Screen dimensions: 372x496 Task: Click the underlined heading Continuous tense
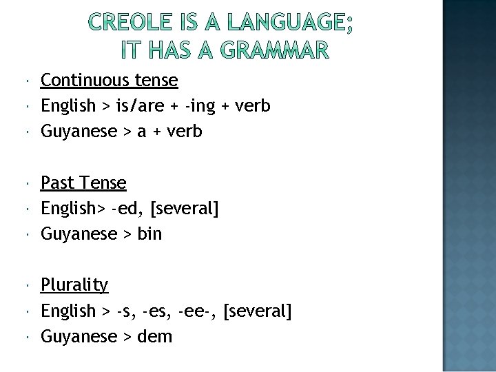click(x=110, y=81)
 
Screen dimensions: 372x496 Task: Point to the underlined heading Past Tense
click(x=83, y=183)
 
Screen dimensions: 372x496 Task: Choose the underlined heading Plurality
click(x=74, y=285)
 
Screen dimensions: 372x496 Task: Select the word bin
click(x=149, y=234)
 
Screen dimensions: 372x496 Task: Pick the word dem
click(x=155, y=336)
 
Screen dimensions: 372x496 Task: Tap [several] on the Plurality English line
click(x=258, y=311)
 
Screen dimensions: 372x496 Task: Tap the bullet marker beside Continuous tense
click(x=25, y=81)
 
